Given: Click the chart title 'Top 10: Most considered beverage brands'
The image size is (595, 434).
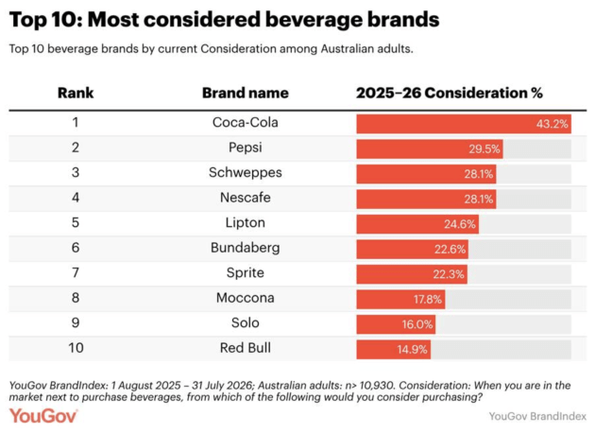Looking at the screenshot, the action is click(224, 19).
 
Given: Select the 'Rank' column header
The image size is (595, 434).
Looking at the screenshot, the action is click(76, 93).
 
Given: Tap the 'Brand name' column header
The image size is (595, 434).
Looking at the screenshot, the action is click(246, 93).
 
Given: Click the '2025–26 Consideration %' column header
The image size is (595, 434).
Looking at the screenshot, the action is click(450, 93).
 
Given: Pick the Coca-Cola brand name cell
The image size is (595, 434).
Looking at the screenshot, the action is click(246, 122).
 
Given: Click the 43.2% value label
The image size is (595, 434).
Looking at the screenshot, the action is click(552, 124).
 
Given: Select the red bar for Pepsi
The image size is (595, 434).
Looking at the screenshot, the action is click(430, 149).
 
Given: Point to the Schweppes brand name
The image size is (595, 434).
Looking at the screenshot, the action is click(246, 172).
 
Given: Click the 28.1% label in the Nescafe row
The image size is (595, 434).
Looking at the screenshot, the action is click(479, 200).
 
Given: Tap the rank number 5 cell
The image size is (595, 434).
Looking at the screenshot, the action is click(76, 222).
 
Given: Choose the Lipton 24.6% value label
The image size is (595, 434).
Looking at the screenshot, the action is click(460, 224).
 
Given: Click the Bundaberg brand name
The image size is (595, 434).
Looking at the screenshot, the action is click(246, 248).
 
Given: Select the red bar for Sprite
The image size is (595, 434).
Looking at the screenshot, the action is click(412, 274).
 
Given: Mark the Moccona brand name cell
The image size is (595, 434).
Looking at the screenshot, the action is click(246, 298).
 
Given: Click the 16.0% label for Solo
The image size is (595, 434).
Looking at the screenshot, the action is click(417, 324).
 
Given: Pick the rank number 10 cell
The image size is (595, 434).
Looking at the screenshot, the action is click(76, 348).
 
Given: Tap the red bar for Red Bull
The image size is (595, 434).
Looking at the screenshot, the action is click(394, 350).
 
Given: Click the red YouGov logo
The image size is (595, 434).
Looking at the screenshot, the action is click(43, 416).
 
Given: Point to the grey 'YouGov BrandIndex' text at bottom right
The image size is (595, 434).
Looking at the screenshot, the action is click(537, 417).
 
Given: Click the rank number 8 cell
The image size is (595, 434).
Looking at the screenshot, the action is click(76, 298).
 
